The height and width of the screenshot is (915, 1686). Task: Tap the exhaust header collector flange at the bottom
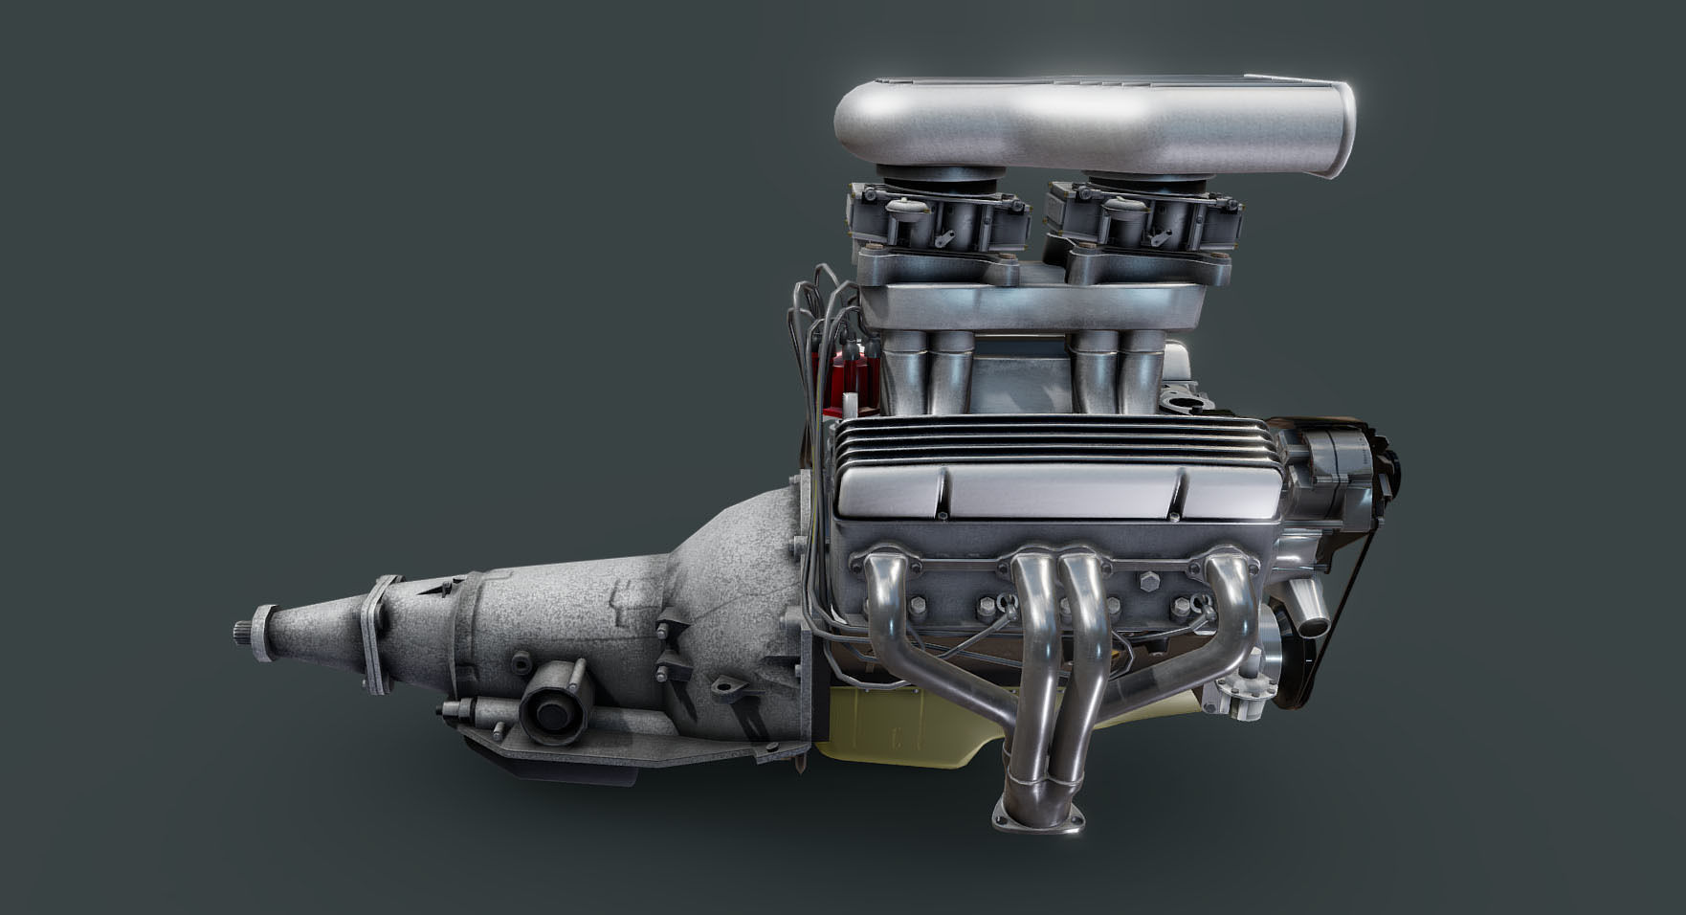[x=1039, y=813]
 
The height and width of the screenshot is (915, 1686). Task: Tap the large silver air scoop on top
[x=1091, y=124]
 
